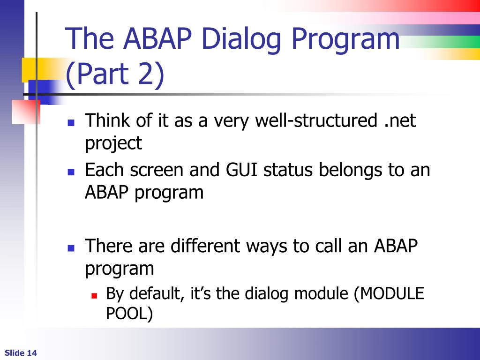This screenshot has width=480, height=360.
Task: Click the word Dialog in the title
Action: [x=241, y=39]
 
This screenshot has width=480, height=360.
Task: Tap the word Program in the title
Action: [x=345, y=39]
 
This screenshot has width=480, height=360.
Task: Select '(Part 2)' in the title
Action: [x=115, y=75]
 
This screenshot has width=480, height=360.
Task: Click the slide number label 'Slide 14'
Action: [x=21, y=353]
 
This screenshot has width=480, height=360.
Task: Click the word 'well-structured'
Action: [x=316, y=120]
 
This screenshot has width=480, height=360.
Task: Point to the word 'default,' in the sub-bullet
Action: [x=157, y=293]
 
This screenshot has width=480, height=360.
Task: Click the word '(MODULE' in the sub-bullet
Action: [x=389, y=293]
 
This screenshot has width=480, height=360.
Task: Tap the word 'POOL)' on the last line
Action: [x=129, y=313]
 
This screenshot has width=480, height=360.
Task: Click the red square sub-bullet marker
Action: [x=94, y=295]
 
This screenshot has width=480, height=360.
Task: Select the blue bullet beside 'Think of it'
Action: [x=71, y=123]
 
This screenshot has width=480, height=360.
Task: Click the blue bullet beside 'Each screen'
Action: [x=71, y=172]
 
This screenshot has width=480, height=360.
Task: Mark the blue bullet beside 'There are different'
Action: [x=71, y=248]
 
